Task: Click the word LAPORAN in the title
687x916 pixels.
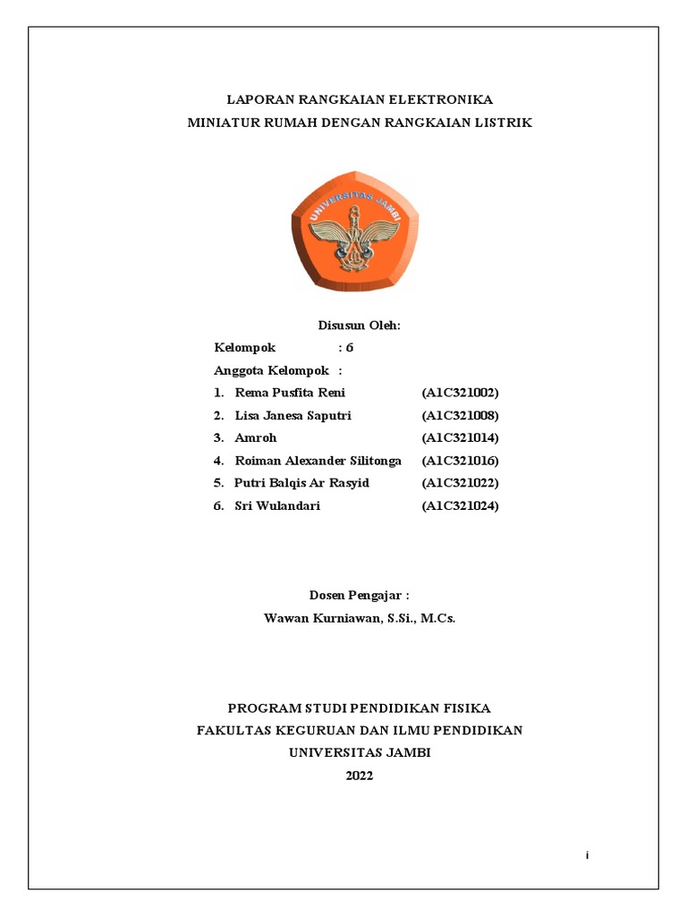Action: [x=254, y=99]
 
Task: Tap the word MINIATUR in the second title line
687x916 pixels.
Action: [x=222, y=123]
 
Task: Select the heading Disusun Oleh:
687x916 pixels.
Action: [x=360, y=326]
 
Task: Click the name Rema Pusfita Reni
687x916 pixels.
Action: [x=290, y=393]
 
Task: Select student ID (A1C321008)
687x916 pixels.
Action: [x=460, y=416]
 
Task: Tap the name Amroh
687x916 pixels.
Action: [x=256, y=438]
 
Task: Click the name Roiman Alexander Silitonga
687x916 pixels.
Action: [x=318, y=461]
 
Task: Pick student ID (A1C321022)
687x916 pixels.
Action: [x=460, y=483]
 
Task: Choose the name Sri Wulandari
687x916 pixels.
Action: [x=277, y=506]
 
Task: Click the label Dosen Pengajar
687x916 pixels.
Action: [x=358, y=595]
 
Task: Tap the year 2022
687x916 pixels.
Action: [x=360, y=776]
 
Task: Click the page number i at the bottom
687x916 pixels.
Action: [x=587, y=856]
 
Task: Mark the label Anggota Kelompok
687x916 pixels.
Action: [x=272, y=370]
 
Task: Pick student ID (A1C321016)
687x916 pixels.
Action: [x=460, y=461]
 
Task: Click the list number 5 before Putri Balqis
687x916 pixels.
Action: [x=218, y=483]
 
